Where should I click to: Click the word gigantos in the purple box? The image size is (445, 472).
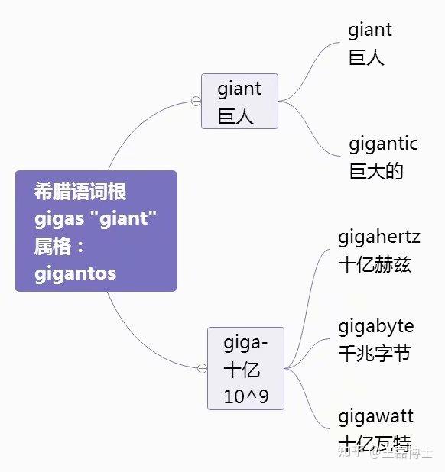[x=75, y=273]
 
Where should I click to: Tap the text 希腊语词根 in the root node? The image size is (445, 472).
[x=80, y=191]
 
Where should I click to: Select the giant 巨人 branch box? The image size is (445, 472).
[x=239, y=102]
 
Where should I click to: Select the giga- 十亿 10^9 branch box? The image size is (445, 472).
[x=245, y=368]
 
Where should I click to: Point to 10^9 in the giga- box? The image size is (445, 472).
[x=245, y=396]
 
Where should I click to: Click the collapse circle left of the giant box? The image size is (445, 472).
[x=196, y=101]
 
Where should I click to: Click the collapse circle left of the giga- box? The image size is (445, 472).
[x=202, y=368]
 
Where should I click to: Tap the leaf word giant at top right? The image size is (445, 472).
[x=370, y=30]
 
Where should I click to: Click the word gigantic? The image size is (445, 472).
[x=383, y=143]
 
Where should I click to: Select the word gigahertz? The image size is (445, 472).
[x=379, y=237]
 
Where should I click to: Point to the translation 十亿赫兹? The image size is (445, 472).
[x=375, y=264]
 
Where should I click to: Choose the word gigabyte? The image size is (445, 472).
[x=376, y=326]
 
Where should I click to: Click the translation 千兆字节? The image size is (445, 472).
[x=375, y=353]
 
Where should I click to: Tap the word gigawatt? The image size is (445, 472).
[x=375, y=416]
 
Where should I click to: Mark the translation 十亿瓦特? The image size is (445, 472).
[x=375, y=443]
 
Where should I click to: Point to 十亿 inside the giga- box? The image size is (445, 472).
[x=242, y=370]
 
